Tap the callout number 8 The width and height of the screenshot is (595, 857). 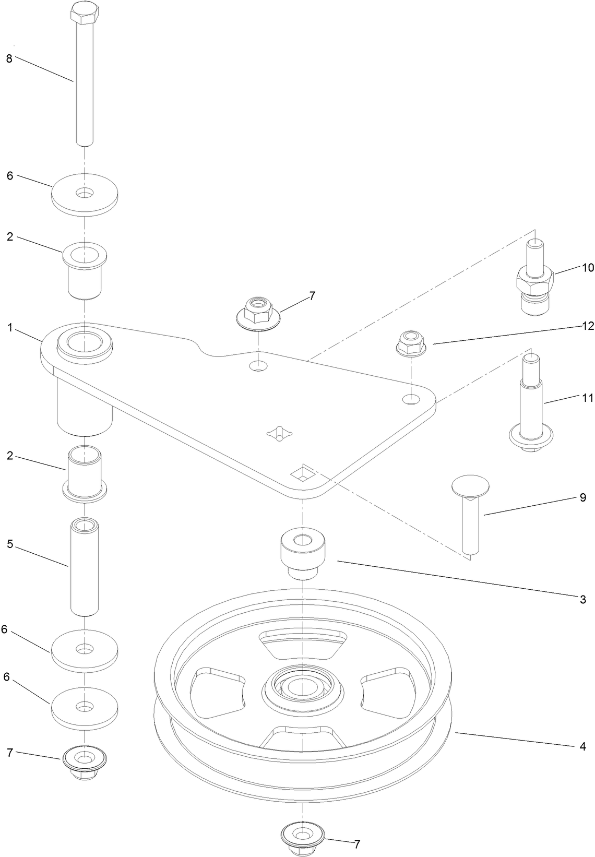point(9,58)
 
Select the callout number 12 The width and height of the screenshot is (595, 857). point(588,326)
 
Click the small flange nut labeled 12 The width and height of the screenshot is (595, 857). point(411,342)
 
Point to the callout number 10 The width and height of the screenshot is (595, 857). point(588,268)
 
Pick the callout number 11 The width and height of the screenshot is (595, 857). point(587,398)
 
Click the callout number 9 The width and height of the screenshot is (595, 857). point(583,497)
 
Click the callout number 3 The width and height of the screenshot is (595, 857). point(583,600)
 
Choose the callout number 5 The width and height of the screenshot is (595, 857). point(10,544)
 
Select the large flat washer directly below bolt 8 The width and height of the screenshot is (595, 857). point(85,194)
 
